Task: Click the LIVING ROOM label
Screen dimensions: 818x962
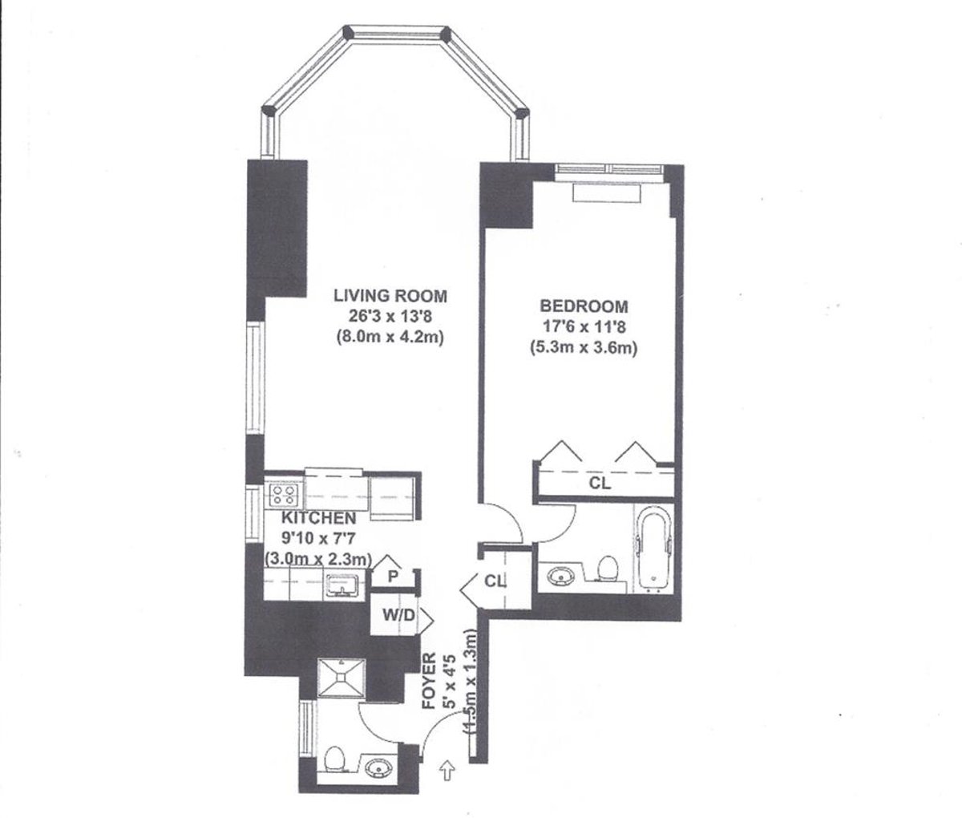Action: pyautogui.click(x=390, y=295)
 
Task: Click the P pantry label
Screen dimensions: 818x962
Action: pyautogui.click(x=394, y=576)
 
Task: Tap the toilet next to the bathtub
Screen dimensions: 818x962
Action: pyautogui.click(x=608, y=567)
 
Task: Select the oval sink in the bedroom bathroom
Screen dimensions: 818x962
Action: pyautogui.click(x=559, y=575)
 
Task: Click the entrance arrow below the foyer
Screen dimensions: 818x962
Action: pyautogui.click(x=447, y=771)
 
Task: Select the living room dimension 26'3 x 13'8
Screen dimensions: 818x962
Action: pyautogui.click(x=390, y=317)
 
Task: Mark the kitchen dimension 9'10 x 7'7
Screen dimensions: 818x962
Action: pyautogui.click(x=309, y=538)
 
